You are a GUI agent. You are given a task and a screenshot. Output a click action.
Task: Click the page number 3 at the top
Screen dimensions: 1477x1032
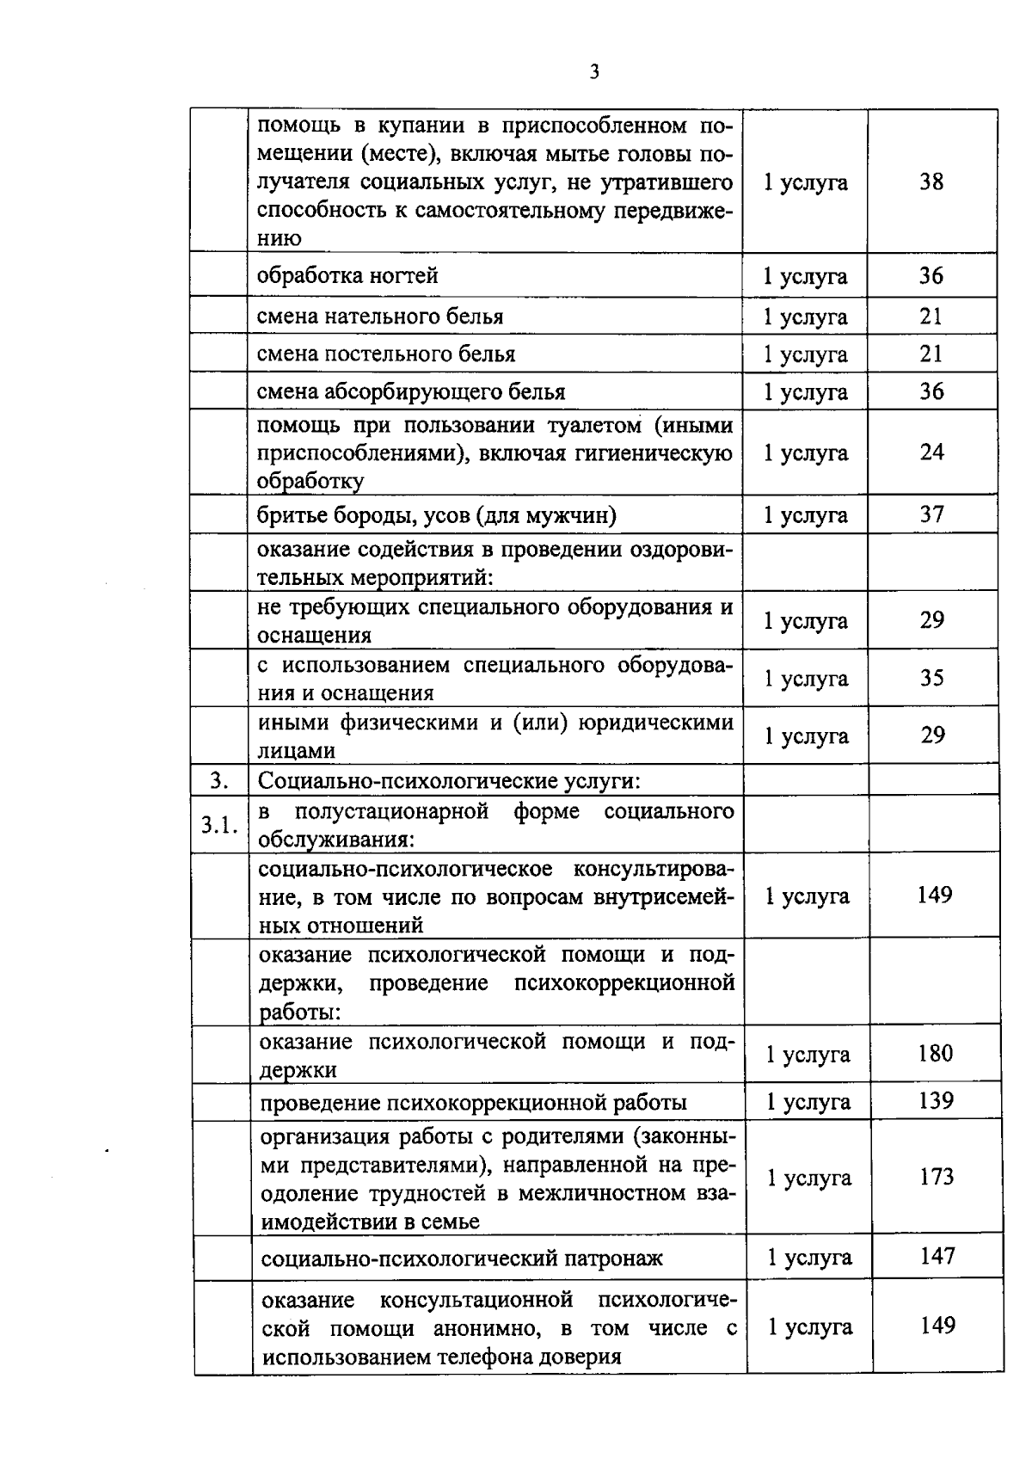click(593, 72)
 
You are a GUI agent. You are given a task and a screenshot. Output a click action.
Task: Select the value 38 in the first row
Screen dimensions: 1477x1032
click(931, 182)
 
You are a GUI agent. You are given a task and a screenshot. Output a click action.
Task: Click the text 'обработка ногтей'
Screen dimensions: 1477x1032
click(347, 275)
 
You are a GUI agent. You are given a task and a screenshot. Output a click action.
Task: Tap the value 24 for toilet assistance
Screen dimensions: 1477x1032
click(931, 452)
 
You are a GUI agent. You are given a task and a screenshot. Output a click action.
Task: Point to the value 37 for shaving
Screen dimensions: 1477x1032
click(931, 514)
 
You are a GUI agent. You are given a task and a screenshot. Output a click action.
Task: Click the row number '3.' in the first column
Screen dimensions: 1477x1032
click(219, 781)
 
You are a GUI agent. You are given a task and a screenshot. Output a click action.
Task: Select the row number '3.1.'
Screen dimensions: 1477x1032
click(219, 825)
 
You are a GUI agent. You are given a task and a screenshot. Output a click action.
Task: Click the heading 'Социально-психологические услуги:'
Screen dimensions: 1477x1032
click(449, 781)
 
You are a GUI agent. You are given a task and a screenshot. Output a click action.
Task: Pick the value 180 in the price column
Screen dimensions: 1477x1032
click(935, 1053)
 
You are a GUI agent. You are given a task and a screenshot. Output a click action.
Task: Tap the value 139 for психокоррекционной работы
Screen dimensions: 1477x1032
click(935, 1101)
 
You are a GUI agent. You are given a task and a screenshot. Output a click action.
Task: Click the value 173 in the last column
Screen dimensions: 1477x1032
click(936, 1177)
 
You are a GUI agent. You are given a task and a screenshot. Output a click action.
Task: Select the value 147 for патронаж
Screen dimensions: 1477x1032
click(937, 1257)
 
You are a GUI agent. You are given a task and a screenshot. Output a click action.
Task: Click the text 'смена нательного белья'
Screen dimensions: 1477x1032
click(380, 316)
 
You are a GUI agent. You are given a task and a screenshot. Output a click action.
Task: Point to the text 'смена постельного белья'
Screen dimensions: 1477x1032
click(386, 354)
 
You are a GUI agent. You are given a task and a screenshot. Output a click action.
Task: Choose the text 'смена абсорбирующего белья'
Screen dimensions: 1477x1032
click(411, 391)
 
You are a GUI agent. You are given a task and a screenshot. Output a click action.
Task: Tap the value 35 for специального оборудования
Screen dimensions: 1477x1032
click(931, 678)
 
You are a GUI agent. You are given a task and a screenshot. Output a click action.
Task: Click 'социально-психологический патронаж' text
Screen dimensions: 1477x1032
click(462, 1259)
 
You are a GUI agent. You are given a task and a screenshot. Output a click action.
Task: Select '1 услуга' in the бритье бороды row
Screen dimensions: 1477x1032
click(806, 515)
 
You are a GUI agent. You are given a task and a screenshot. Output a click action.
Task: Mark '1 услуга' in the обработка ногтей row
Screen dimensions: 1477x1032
click(806, 276)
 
